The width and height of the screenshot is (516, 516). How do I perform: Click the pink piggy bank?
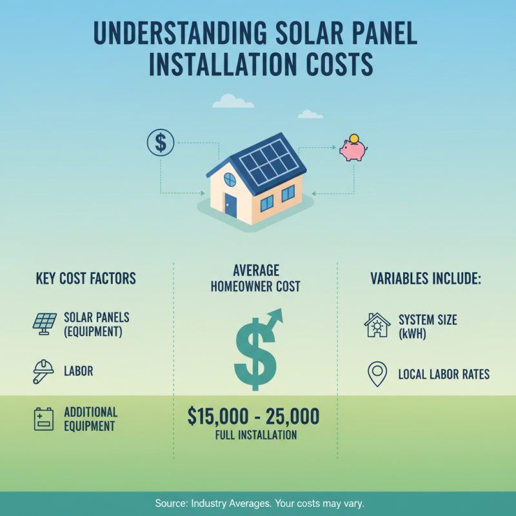click(353, 151)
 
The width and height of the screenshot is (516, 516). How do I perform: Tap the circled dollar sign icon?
click(160, 143)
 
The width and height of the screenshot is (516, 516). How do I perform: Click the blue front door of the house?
click(230, 205)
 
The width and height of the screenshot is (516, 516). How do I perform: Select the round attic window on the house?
click(230, 180)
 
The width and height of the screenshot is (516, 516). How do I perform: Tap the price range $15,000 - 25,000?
click(253, 417)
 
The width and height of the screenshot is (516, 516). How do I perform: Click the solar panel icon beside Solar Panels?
click(44, 323)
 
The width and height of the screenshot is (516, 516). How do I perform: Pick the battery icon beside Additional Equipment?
click(43, 419)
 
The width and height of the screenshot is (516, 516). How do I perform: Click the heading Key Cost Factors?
click(86, 279)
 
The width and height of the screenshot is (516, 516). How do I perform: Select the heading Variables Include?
click(426, 279)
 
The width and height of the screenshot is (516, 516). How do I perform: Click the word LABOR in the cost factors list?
click(79, 372)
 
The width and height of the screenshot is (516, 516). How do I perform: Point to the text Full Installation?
click(256, 435)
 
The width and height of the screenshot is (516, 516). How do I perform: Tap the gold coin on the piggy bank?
click(353, 139)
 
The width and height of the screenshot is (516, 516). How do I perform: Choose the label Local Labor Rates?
click(444, 374)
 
